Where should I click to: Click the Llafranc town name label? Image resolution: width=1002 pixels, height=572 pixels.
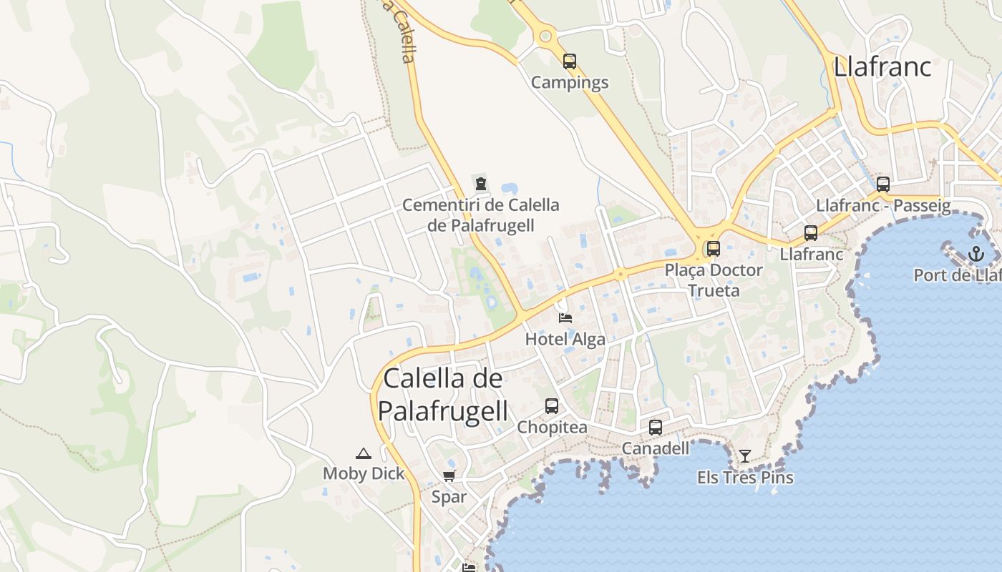882,66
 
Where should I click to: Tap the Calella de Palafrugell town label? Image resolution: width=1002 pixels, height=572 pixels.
443,395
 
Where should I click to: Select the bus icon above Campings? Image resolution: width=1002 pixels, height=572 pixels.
570,61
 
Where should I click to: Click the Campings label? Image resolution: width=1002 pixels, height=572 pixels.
570,82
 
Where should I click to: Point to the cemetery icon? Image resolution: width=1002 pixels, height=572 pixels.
481,183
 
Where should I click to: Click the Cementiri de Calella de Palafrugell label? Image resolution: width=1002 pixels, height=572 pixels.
481,214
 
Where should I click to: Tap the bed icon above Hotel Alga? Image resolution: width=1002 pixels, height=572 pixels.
565,317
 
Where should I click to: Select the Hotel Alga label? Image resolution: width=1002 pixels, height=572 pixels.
565,339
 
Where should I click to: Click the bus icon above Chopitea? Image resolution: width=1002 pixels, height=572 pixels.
552,406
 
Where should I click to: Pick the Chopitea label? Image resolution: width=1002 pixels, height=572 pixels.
552,428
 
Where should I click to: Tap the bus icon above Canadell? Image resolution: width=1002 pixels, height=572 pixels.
656,428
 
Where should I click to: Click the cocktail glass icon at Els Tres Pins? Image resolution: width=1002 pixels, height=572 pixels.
745,455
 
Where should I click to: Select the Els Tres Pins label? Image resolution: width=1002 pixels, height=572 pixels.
745,477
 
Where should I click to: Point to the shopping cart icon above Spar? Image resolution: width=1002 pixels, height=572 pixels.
449,476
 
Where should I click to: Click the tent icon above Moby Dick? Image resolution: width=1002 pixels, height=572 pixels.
364,453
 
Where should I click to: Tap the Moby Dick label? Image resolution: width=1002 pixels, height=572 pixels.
364,473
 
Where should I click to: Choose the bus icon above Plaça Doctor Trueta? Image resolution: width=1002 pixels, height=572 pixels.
714,249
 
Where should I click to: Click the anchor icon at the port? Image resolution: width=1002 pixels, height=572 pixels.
976,253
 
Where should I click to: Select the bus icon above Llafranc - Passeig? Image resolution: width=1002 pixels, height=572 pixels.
883,184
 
